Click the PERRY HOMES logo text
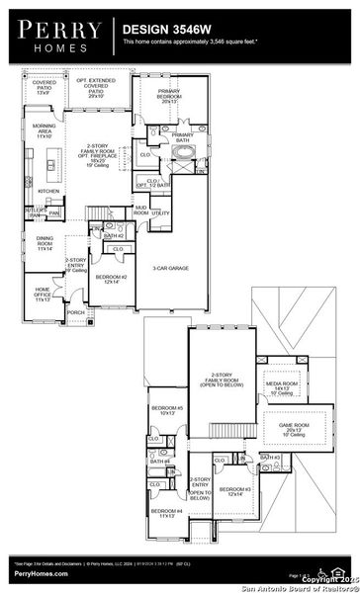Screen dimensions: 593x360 (55, 33)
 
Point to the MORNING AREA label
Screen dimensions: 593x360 (44, 156)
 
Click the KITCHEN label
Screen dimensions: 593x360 (48, 191)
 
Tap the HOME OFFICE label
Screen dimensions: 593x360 (44, 293)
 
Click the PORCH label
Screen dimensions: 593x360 (75, 312)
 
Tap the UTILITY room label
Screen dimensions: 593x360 (161, 212)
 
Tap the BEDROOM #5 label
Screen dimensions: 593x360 (166, 410)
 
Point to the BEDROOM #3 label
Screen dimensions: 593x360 (234, 492)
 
